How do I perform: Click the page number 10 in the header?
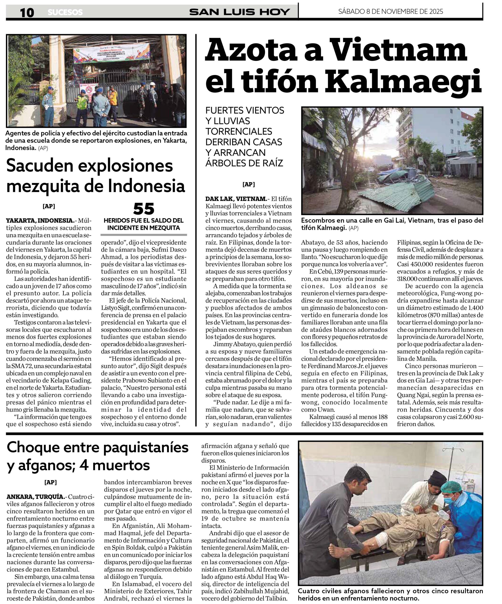tap(27, 12)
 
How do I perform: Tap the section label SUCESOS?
tap(65, 12)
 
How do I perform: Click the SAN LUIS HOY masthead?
tap(240, 12)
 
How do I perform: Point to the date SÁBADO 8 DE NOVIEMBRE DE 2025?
tap(390, 12)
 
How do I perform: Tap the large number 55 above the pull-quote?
tap(144, 209)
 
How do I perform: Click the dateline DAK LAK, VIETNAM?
tap(236, 199)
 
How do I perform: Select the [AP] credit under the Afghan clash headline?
tap(51, 482)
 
